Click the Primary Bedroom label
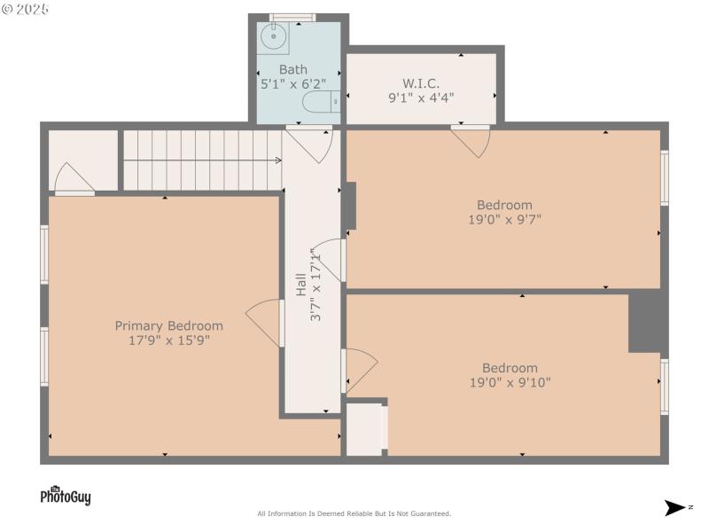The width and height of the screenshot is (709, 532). tap(168, 325)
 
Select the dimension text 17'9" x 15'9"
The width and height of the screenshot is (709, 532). tap(168, 340)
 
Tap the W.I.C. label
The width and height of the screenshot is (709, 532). tap(421, 83)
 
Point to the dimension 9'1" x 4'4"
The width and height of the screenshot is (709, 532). tap(421, 98)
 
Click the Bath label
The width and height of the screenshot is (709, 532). tap(292, 69)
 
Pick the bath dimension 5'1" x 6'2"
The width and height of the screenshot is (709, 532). tap(292, 84)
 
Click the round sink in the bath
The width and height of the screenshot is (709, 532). tap(274, 36)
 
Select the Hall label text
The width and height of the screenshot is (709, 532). tap(301, 284)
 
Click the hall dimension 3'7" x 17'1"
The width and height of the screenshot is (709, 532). tap(316, 284)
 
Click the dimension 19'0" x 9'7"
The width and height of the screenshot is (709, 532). tap(504, 219)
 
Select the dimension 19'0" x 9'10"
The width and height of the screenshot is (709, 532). tap(510, 382)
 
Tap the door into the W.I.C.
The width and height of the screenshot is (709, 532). tap(471, 140)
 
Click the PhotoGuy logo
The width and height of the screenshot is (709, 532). tap(65, 496)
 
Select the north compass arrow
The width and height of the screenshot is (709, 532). tap(675, 508)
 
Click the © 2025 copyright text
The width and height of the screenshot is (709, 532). tap(26, 9)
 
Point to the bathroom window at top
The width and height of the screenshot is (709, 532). tap(292, 17)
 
